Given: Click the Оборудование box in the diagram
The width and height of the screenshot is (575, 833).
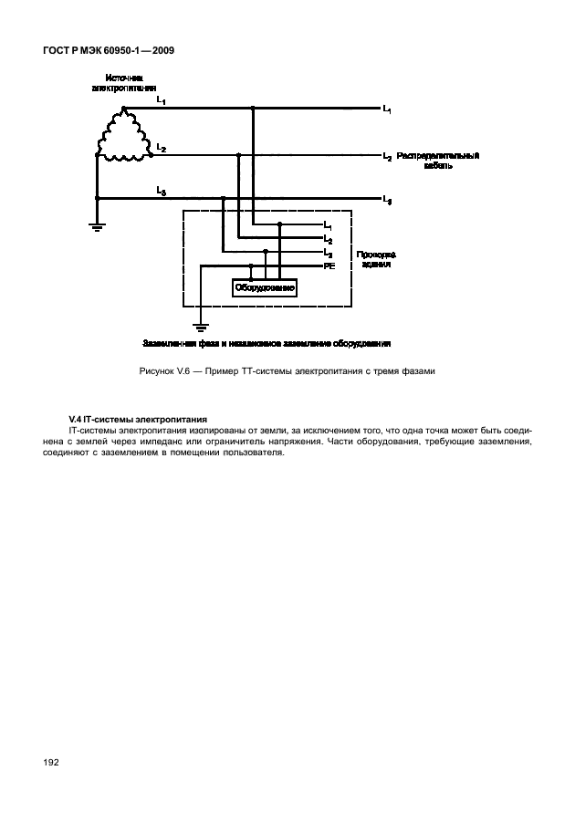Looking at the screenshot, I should pos(265,288).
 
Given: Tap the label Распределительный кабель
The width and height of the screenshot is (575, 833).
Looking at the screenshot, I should pos(438,161).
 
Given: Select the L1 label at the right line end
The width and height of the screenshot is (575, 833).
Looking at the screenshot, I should pos(388,109).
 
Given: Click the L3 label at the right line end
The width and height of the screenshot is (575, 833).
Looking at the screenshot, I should pos(388,199).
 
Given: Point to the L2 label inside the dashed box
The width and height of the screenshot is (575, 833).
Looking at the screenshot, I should pos(329,239).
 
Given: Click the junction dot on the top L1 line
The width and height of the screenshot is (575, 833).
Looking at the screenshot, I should pos(252,108).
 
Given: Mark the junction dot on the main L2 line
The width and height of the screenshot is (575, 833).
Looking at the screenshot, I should pos(237,155).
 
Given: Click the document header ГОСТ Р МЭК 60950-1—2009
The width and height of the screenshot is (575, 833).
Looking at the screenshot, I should pos(108,51).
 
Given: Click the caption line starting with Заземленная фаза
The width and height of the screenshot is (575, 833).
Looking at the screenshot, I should pos(267,344).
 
